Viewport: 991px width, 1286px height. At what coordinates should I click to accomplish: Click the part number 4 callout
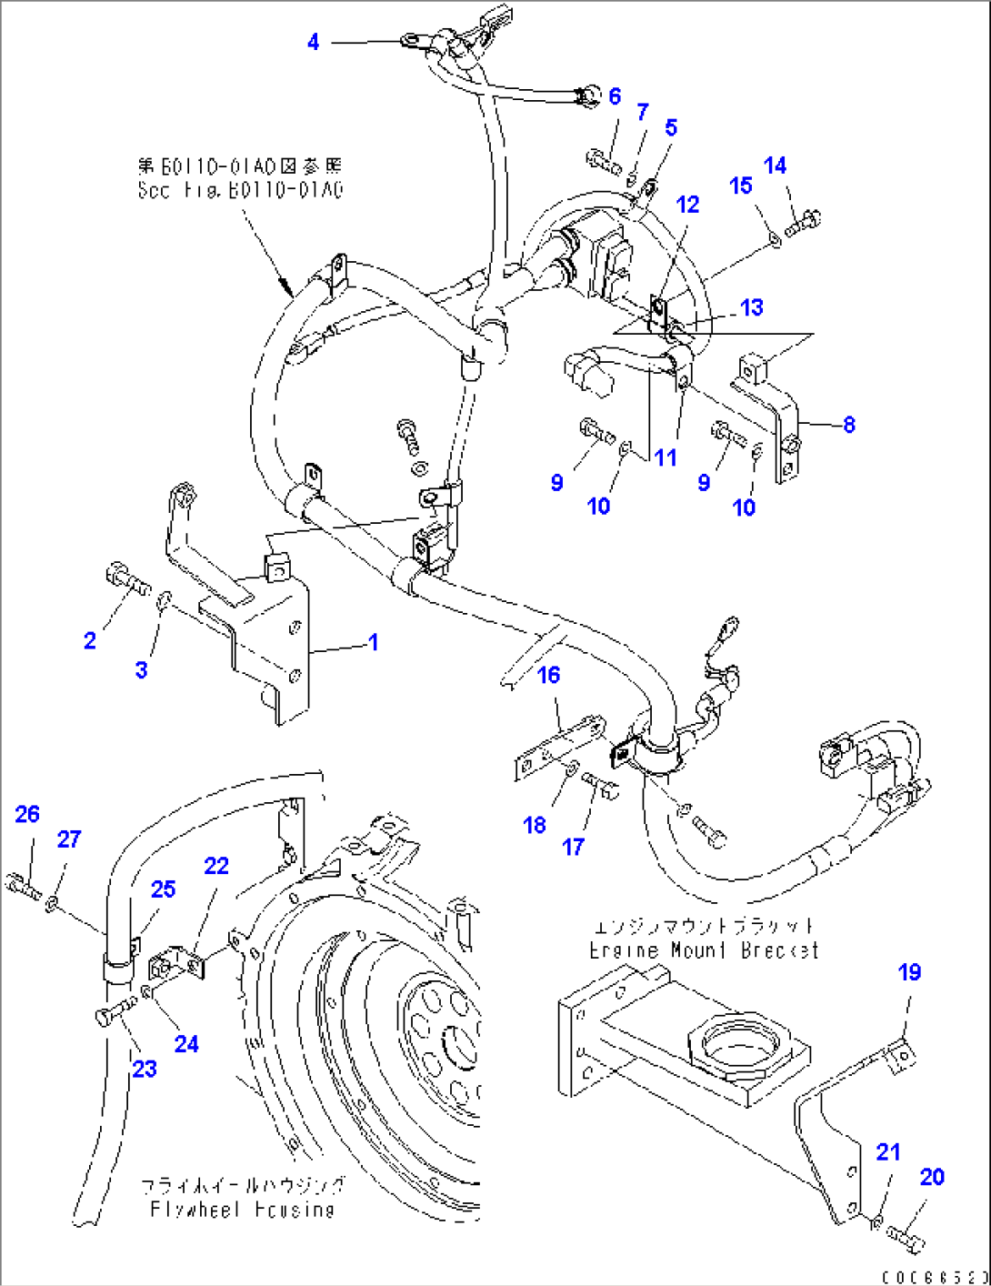tap(313, 42)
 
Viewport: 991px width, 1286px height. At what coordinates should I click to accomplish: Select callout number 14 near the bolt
tap(775, 166)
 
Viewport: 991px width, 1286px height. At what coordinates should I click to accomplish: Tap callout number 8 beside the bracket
tap(849, 424)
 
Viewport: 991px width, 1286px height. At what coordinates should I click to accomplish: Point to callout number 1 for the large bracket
tap(373, 642)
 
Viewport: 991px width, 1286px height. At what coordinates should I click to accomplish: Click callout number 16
tap(548, 675)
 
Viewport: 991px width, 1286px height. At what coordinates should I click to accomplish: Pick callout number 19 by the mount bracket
tap(909, 972)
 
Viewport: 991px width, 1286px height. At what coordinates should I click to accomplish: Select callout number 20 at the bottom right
tap(932, 1177)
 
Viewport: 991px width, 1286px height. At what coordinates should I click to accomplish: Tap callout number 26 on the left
tap(27, 814)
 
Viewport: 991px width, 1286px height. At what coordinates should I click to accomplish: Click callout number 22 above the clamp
tap(216, 866)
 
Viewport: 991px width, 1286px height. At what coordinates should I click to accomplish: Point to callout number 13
tap(752, 307)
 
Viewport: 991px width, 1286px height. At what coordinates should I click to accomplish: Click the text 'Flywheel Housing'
tap(242, 1210)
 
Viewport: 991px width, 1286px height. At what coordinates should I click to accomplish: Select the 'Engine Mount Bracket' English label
tap(704, 950)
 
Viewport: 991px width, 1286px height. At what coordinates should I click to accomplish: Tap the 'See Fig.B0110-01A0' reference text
tap(240, 190)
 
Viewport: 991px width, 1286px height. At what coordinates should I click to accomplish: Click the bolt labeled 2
tap(126, 578)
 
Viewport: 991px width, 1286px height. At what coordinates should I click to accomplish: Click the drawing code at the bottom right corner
tap(935, 1277)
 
